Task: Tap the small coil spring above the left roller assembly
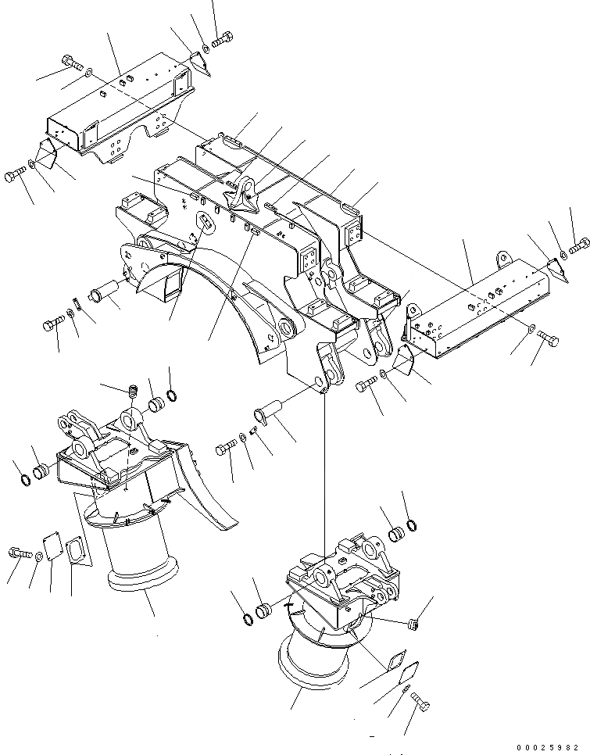coord(132,388)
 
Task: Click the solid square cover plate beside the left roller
coord(53,546)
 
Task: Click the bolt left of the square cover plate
coord(19,553)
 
